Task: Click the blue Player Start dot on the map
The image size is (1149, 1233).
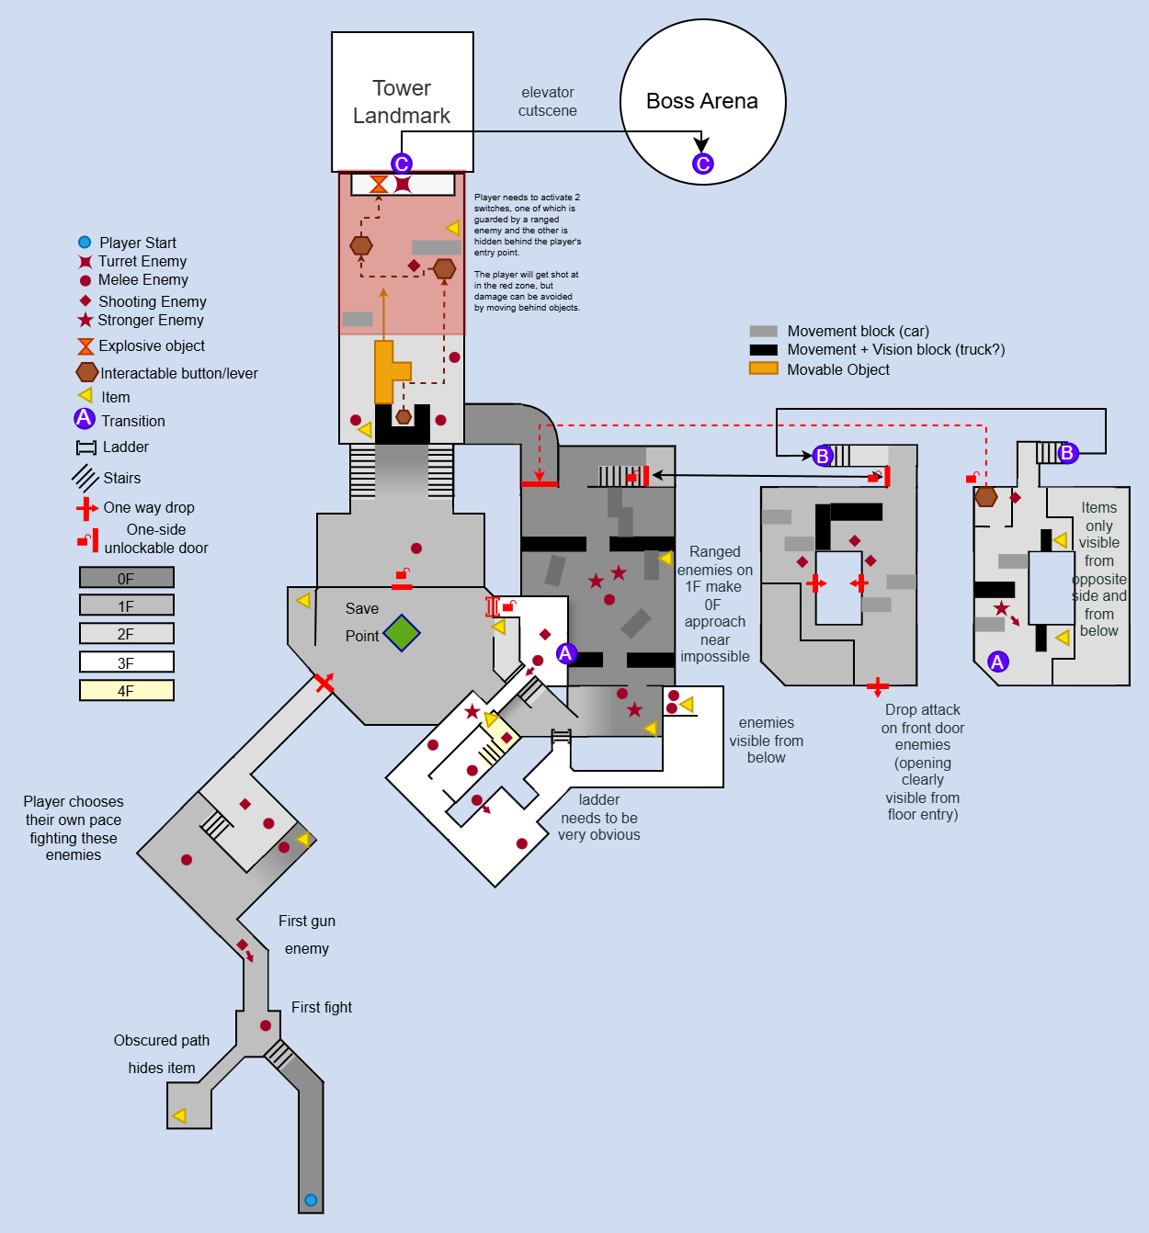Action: (311, 1200)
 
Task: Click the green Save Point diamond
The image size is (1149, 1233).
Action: (402, 633)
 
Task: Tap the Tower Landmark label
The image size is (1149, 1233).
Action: (402, 102)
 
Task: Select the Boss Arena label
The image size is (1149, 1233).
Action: (702, 101)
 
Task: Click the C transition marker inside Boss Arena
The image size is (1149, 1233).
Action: (703, 164)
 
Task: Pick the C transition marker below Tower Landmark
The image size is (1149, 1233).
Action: (402, 164)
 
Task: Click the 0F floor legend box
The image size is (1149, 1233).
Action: (127, 578)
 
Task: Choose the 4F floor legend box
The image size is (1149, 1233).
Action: (127, 690)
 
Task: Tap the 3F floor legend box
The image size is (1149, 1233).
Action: (127, 662)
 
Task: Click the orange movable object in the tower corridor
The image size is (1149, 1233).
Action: (389, 371)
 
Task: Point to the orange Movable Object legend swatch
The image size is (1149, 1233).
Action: (763, 368)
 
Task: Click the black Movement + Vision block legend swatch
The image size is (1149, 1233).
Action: (763, 350)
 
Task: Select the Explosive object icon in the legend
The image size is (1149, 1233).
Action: (85, 346)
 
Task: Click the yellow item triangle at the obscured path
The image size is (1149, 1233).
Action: (179, 1115)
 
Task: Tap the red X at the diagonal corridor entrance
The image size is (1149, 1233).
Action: (324, 683)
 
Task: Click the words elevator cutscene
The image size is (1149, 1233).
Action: (548, 101)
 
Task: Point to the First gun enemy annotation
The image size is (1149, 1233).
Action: (307, 934)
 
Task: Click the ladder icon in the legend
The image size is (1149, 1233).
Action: (86, 447)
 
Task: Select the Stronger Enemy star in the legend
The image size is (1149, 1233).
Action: (85, 320)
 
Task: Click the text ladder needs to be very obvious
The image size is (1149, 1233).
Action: (599, 817)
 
